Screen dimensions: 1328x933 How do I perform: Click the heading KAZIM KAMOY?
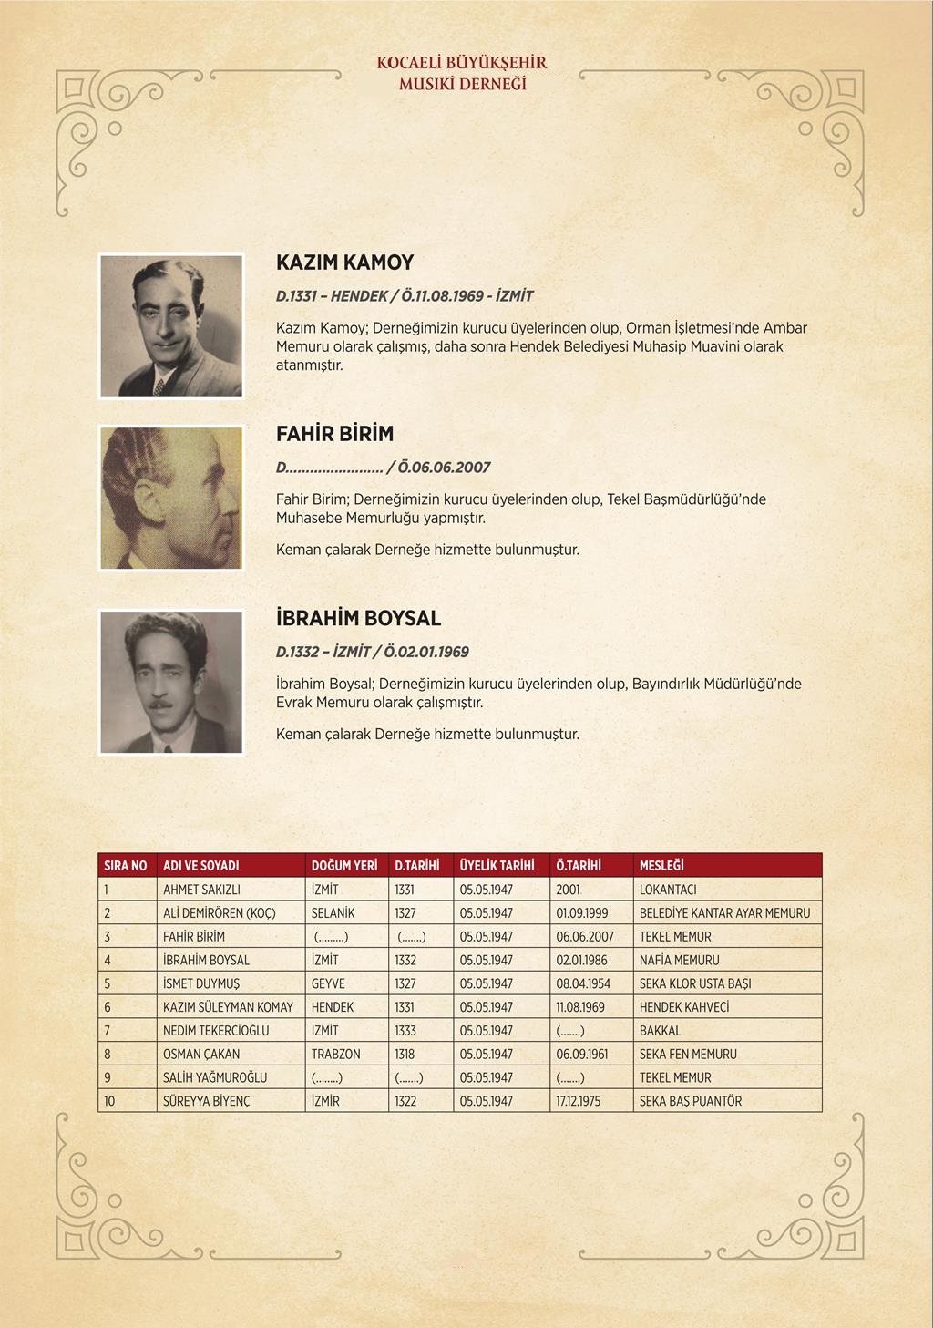click(344, 263)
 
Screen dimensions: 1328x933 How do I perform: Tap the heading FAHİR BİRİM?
click(334, 434)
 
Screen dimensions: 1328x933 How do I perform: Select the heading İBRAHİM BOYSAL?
click(358, 618)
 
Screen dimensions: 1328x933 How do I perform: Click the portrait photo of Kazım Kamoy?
click(171, 326)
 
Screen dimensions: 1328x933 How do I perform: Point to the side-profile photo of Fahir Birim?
click(171, 498)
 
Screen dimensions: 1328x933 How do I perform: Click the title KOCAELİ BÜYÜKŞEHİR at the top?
click(462, 63)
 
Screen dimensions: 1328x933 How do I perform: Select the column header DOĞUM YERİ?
click(343, 865)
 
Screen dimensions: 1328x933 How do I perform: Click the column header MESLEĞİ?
click(661, 865)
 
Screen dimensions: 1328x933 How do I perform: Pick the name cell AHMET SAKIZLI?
click(201, 890)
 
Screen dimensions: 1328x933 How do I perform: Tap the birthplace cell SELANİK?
click(333, 913)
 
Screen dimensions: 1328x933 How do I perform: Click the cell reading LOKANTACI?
click(668, 890)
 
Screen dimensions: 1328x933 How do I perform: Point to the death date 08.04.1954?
click(582, 983)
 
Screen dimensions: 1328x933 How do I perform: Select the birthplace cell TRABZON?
click(335, 1054)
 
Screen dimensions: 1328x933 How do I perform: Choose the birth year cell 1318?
click(405, 1054)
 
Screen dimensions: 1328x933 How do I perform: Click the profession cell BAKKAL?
click(660, 1031)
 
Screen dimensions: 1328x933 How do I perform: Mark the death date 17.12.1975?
click(579, 1101)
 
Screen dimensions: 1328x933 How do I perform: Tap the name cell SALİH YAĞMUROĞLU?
click(215, 1077)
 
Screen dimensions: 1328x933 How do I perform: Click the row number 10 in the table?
click(109, 1101)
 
